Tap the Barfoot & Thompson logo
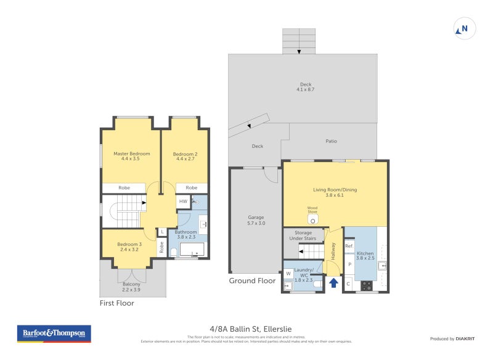[54, 333]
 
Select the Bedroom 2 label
[185, 157]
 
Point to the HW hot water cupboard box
[183, 202]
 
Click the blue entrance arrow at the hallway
[333, 283]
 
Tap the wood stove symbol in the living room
[312, 219]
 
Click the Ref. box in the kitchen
[349, 247]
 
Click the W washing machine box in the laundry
[288, 274]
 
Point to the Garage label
[256, 220]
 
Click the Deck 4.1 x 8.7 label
[306, 87]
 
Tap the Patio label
[332, 141]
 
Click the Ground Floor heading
[252, 280]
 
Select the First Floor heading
[117, 303]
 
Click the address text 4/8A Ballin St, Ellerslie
[246, 329]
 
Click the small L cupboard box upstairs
[161, 232]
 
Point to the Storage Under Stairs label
[303, 235]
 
